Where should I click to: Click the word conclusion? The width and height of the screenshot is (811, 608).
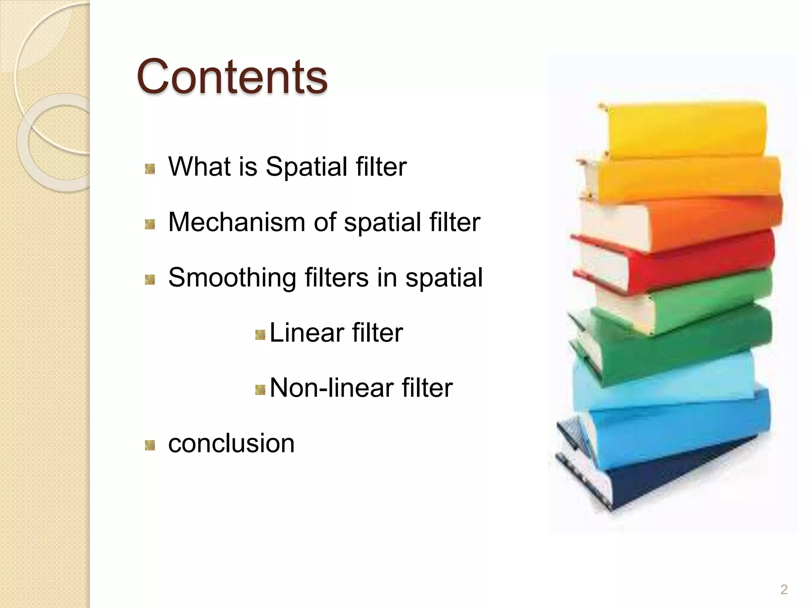coord(231,443)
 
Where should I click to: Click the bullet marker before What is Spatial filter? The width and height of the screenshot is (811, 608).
coord(150,169)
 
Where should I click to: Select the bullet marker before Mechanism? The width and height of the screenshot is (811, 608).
coord(150,224)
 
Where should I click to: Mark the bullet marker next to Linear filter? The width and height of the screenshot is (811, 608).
coord(260,335)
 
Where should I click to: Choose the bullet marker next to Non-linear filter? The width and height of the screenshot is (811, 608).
coord(260,391)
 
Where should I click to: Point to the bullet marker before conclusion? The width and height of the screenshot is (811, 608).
coord(150,446)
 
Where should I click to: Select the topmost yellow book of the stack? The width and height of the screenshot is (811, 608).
coord(685,129)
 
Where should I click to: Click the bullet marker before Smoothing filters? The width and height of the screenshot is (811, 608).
coord(150,280)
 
